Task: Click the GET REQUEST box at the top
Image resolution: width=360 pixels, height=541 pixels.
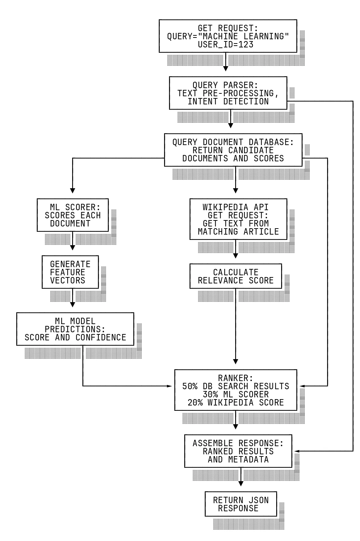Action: [228, 36]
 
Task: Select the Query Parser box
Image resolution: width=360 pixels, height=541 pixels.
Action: [228, 93]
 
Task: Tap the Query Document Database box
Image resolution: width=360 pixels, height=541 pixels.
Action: [233, 150]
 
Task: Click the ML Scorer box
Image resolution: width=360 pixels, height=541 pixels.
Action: [72, 215]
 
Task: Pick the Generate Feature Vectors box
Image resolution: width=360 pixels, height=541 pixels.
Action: [70, 272]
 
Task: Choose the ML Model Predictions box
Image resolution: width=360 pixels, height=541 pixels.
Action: [75, 329]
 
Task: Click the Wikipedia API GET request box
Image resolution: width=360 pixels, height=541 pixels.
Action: [238, 219]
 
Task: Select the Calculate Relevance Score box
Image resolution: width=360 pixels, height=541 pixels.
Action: [236, 276]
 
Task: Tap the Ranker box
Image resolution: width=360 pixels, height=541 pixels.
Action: [236, 390]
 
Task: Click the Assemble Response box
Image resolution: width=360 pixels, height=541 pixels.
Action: [238, 451]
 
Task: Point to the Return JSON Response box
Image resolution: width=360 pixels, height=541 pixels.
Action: [240, 504]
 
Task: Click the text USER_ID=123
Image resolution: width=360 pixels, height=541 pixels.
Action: [226, 45]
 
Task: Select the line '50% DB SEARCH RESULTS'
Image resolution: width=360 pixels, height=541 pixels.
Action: [236, 386]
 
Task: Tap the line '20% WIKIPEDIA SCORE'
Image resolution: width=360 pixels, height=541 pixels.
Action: [236, 403]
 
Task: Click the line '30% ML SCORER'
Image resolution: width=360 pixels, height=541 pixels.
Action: [236, 395]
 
